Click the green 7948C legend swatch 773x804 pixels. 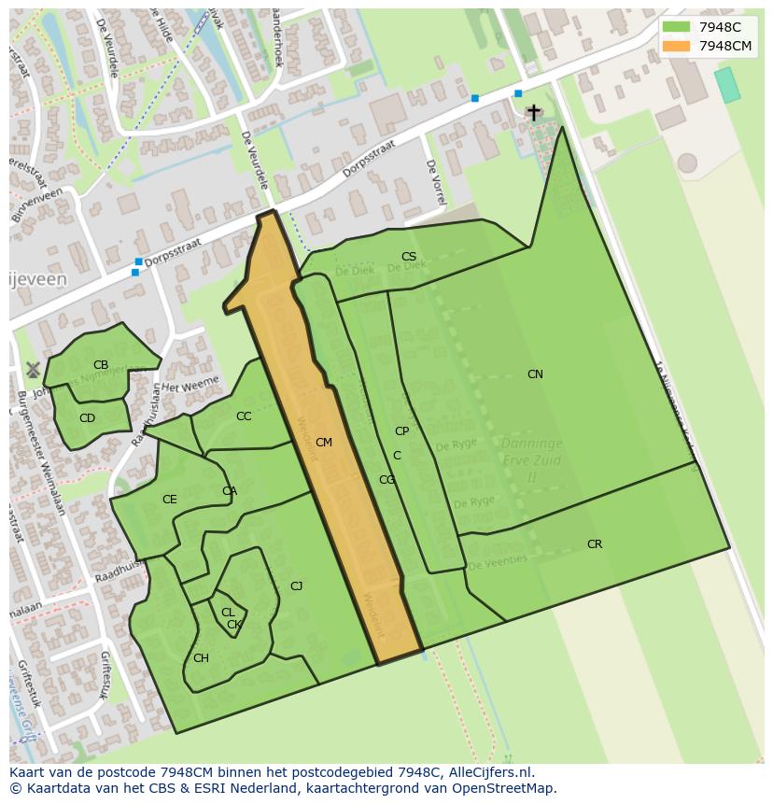[x=676, y=27]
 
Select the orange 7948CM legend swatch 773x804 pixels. [x=676, y=46]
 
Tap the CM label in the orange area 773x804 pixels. [x=324, y=443]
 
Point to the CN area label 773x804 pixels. [x=535, y=374]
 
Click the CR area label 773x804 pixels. [x=595, y=544]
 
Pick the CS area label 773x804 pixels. [x=409, y=257]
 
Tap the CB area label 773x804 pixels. [x=101, y=365]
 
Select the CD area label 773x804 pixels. [x=87, y=418]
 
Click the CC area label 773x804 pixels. [x=244, y=417]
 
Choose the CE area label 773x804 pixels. [x=169, y=500]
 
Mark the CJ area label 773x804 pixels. [x=296, y=586]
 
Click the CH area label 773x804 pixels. [x=201, y=658]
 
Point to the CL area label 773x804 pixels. [x=227, y=613]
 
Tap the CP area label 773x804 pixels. [x=401, y=431]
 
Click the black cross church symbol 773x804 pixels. [x=533, y=112]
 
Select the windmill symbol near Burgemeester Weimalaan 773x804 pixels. [x=33, y=370]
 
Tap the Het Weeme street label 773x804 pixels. [x=190, y=384]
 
